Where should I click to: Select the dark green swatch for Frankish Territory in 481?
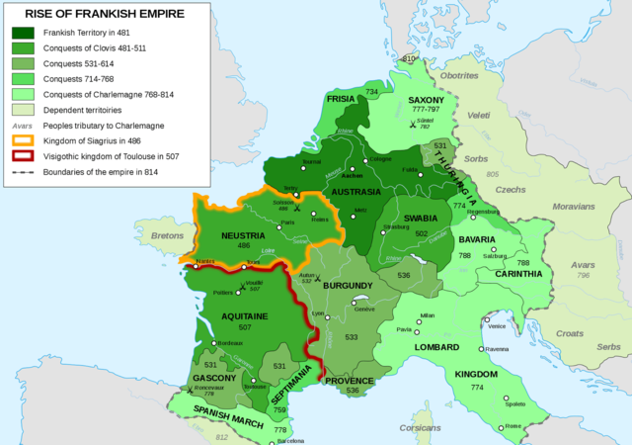point(22,33)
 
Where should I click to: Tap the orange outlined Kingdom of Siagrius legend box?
point(22,140)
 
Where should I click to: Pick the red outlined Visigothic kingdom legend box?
point(22,156)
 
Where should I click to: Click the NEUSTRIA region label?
point(229,236)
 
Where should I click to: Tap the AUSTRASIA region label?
point(355,191)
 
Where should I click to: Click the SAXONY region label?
point(431,101)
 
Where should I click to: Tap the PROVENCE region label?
point(349,380)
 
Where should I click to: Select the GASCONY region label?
point(214,377)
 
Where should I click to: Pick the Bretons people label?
point(169,236)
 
